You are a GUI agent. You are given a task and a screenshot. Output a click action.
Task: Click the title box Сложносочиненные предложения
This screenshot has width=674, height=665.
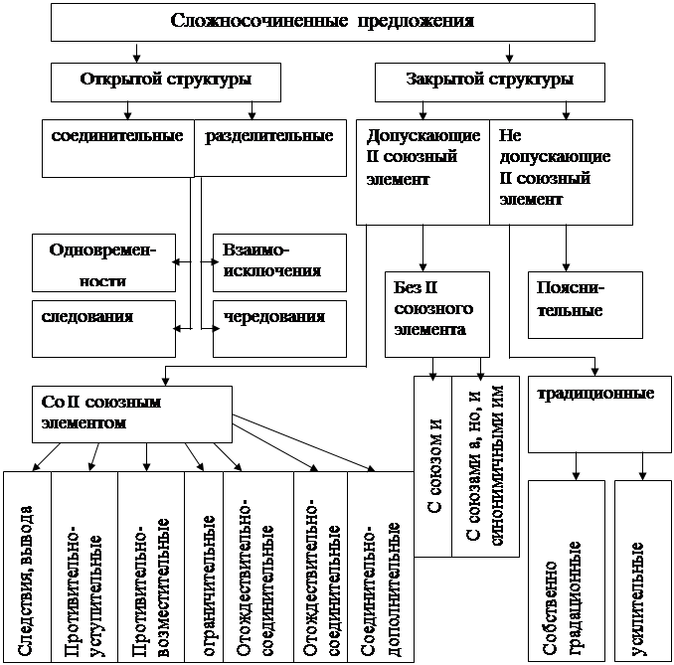tap(321, 21)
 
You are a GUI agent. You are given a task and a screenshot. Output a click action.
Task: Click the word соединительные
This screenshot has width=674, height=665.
tap(117, 135)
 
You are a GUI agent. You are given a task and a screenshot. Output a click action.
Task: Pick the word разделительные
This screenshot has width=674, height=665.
tap(268, 135)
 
